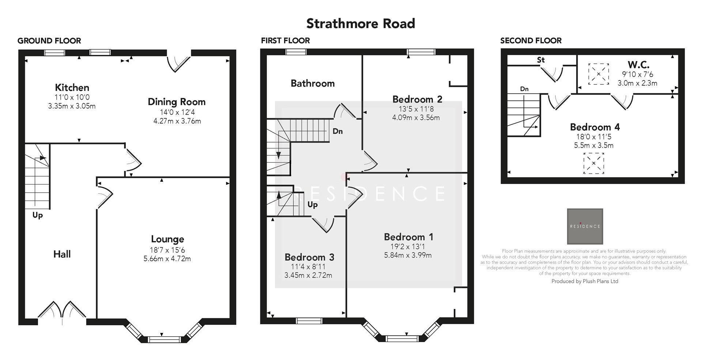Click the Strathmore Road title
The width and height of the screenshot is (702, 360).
pos(361,24)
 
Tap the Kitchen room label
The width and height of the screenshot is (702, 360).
pos(72,88)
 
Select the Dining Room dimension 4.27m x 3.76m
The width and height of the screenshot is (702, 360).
pos(177,121)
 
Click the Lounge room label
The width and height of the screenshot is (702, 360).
pos(167,239)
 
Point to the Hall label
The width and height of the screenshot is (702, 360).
pos(62,254)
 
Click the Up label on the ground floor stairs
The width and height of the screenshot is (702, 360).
pos(37,215)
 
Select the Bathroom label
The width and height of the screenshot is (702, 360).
pos(313,83)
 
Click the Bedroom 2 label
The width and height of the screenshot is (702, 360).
pos(417,99)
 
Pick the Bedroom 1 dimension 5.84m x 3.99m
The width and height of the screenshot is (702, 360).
pos(408,255)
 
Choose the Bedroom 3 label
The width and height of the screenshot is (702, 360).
pos(309,257)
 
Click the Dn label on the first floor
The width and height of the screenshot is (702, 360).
pos(337,131)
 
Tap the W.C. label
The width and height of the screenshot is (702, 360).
pos(638,65)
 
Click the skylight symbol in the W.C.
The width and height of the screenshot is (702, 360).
pos(599,74)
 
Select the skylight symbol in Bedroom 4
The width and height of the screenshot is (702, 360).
pos(593,163)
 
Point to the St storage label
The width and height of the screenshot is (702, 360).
pos(541,60)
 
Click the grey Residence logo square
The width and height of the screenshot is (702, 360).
pos(585,226)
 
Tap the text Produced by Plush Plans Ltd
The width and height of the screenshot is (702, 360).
pos(585,281)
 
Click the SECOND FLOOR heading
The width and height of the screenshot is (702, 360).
pos(531,41)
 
